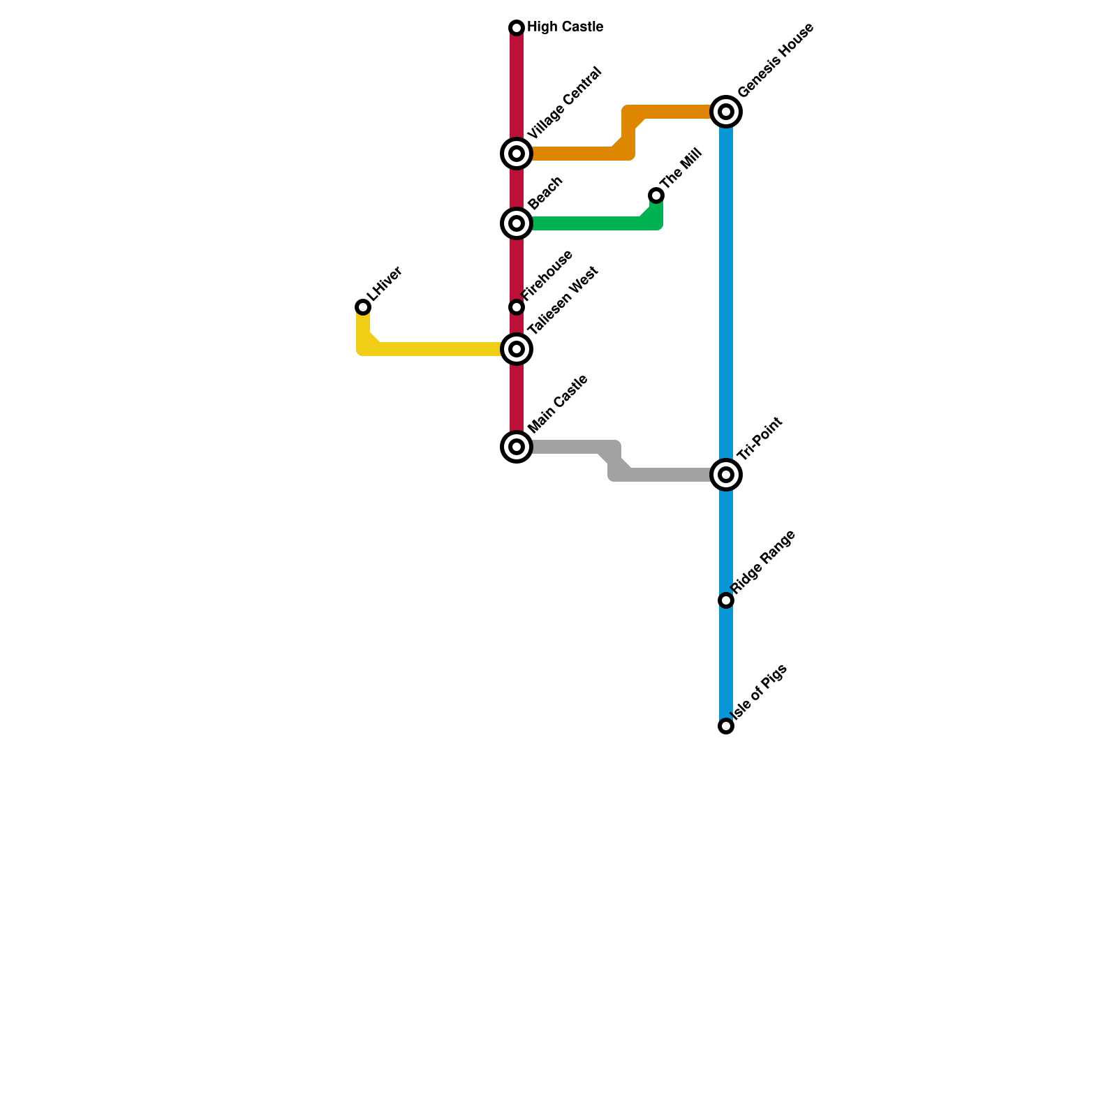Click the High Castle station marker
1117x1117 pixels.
point(517,28)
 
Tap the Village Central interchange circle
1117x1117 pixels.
point(517,154)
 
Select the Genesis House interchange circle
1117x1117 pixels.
point(726,112)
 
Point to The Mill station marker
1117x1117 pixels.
point(656,195)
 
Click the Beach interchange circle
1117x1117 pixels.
point(517,223)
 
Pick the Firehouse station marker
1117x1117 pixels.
point(517,307)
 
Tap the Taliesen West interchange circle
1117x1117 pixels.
point(517,349)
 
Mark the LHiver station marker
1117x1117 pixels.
point(363,307)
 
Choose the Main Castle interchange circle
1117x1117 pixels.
point(517,447)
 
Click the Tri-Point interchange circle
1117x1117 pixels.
point(726,475)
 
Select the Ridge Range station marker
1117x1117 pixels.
point(726,600)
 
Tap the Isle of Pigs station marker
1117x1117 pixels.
point(726,726)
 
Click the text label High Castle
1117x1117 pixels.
point(565,27)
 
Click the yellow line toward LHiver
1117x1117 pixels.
point(433,349)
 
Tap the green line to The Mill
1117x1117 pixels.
point(586,223)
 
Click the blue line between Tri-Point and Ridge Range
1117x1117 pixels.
point(726,538)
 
